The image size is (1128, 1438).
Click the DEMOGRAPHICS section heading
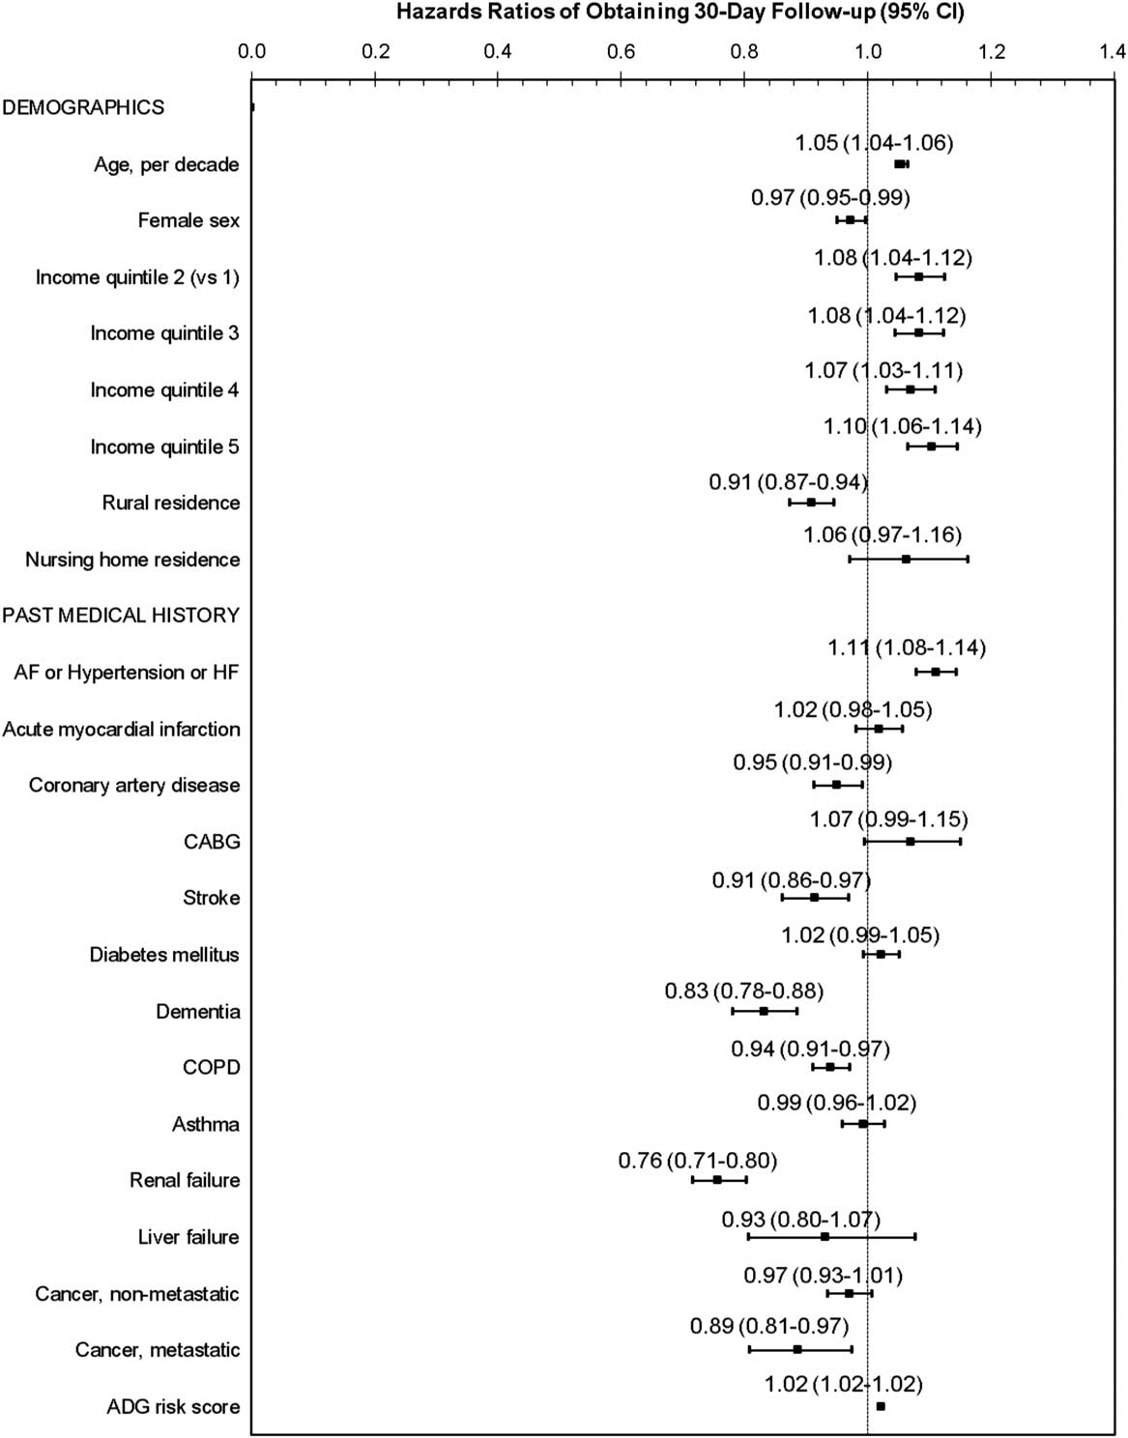click(x=83, y=107)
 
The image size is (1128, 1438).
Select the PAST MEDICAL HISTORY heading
click(x=121, y=615)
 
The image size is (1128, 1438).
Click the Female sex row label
click(x=188, y=220)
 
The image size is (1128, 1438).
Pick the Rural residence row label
click(x=171, y=503)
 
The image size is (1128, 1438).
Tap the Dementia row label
click(x=197, y=1011)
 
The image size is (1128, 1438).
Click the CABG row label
click(x=212, y=842)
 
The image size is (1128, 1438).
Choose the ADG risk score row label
click(x=173, y=1406)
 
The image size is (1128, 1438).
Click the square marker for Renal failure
click(x=717, y=1180)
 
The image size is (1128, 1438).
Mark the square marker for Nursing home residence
click(x=906, y=560)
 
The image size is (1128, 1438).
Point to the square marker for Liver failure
click(x=824, y=1237)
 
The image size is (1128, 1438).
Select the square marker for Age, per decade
click(x=899, y=164)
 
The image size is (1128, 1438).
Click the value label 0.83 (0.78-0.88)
click(x=743, y=991)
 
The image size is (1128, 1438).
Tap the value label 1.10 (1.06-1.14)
click(x=902, y=426)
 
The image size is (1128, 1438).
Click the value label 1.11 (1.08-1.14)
click(x=907, y=647)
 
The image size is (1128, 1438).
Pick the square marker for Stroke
click(x=814, y=898)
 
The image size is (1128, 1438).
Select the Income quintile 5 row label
click(x=164, y=446)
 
